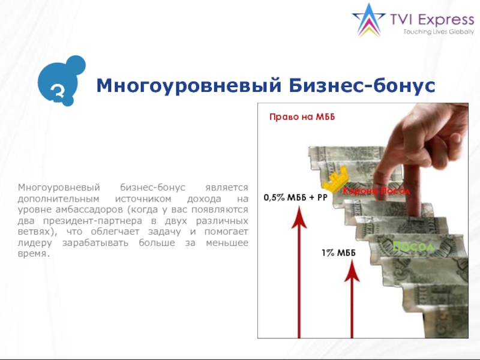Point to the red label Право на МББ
point(301,118)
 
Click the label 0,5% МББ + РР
point(295,197)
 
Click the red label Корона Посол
point(377,191)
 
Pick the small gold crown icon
point(333,178)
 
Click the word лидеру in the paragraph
point(33,242)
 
